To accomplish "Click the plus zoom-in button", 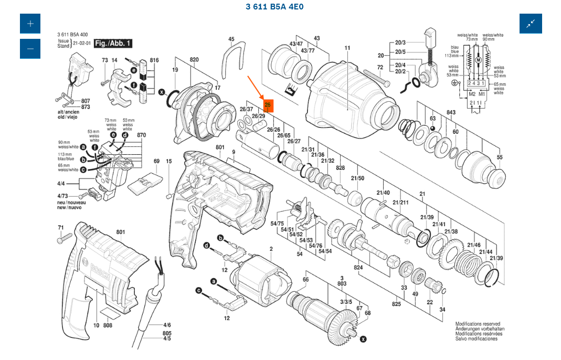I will coord(30,24).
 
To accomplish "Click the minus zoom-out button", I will coord(30,49).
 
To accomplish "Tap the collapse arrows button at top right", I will coord(531,24).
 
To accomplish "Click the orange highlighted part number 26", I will coord(268,105).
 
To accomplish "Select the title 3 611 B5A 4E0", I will coord(274,7).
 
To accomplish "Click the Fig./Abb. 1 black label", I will coord(113,44).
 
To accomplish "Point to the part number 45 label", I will coord(231,39).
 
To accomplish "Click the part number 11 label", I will coord(347,48).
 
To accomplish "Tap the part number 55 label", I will coord(500,157).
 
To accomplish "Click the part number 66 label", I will coord(305,279).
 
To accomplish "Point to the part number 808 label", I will coord(108,325).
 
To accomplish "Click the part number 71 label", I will coord(61,227).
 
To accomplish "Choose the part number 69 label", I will coord(156,161).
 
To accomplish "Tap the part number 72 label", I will coord(380,67).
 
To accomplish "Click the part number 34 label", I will coord(442,310).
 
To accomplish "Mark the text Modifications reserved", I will coord(478,324).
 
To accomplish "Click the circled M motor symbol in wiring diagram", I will coord(478,61).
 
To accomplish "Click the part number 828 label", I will coord(341,167).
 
